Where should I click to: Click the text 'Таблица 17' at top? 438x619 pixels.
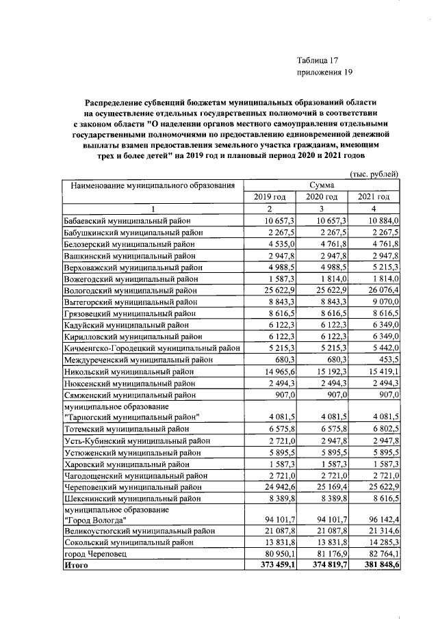[x=318, y=61]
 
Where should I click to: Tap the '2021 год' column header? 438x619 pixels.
[x=374, y=197]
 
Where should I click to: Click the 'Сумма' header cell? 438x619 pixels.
[x=322, y=185]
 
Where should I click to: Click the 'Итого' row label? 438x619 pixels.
[x=76, y=566]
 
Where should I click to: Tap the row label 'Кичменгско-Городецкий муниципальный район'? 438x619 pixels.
[x=152, y=348]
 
